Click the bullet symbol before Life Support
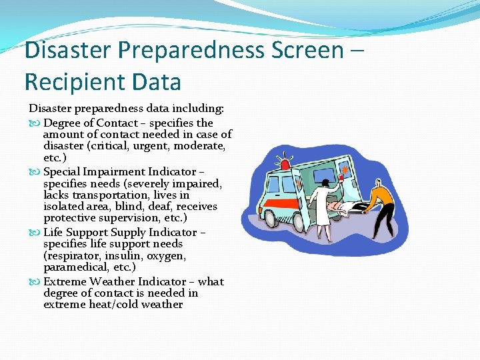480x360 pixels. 35,233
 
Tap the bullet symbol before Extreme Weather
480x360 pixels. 35,282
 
